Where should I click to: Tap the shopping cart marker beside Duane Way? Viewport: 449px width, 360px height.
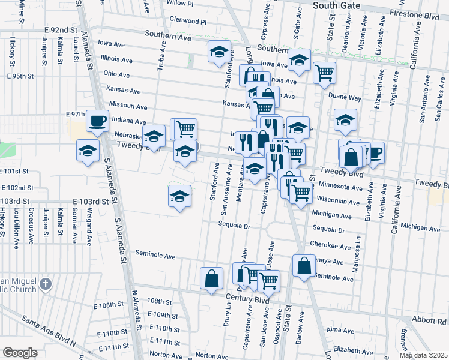point(324,73)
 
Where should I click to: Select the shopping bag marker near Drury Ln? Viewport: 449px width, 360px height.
point(211,278)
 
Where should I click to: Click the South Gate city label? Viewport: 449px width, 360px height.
point(337,5)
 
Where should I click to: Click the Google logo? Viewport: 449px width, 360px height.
point(20,353)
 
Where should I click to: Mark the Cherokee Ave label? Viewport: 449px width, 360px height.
point(327,244)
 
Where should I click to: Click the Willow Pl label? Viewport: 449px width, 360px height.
point(181,3)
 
